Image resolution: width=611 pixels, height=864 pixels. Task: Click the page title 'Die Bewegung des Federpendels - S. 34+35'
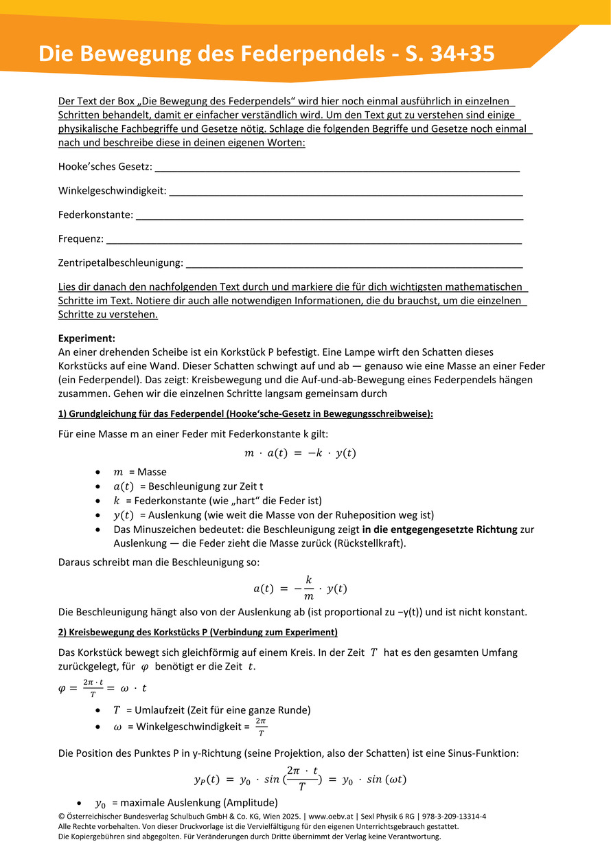pyautogui.click(x=266, y=54)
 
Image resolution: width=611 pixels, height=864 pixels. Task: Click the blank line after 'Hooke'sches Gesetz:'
pyautogui.click(x=336, y=168)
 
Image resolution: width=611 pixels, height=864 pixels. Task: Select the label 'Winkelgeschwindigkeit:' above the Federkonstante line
pyautogui.click(x=112, y=190)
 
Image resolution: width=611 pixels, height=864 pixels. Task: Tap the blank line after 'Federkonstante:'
pyautogui.click(x=330, y=216)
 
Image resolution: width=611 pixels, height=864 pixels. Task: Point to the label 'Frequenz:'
pyautogui.click(x=81, y=239)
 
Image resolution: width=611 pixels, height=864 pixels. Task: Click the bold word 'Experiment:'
pyautogui.click(x=87, y=338)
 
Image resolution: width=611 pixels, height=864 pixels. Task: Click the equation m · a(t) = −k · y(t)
pyautogui.click(x=301, y=453)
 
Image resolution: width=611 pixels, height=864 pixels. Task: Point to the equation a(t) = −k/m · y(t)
pyautogui.click(x=301, y=589)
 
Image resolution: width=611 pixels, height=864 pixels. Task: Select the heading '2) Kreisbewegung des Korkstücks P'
pyautogui.click(x=198, y=632)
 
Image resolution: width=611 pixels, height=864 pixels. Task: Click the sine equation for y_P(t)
pyautogui.click(x=301, y=780)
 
